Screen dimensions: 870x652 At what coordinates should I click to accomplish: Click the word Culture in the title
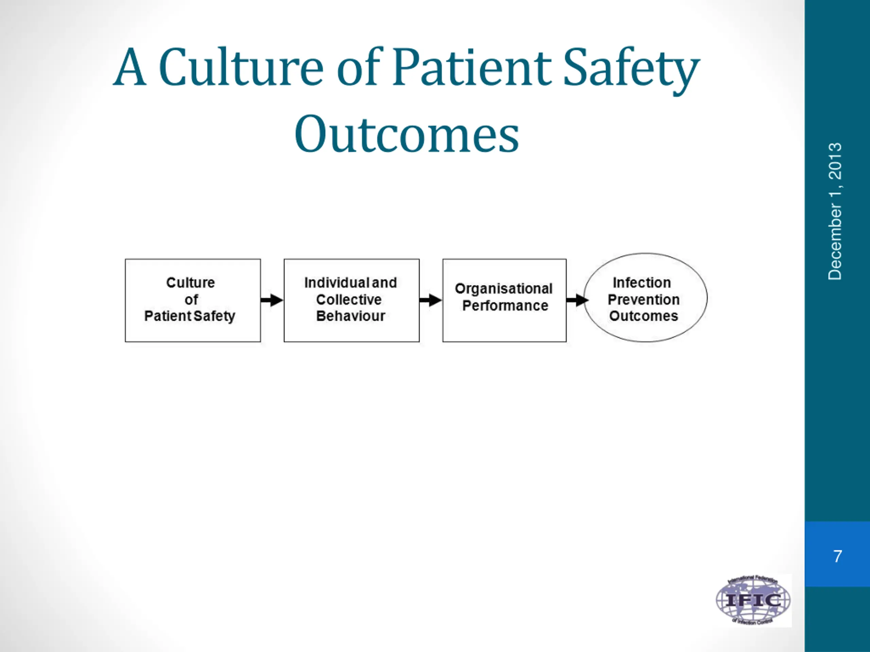(241, 67)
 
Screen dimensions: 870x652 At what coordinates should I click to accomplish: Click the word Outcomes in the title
(407, 133)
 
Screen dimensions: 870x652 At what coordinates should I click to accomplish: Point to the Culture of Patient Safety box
(192, 300)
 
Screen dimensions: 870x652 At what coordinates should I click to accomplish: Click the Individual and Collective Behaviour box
(351, 300)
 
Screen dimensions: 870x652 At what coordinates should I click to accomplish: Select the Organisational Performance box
(504, 300)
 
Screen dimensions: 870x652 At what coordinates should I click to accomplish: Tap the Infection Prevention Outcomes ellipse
(645, 297)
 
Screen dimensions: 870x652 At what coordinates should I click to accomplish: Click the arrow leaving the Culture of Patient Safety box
(272, 300)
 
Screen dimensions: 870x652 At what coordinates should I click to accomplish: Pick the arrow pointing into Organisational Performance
(431, 300)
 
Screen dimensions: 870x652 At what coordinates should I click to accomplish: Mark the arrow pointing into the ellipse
(577, 300)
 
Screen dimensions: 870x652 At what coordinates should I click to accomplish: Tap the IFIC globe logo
(753, 600)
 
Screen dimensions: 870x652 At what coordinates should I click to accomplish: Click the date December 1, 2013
(835, 212)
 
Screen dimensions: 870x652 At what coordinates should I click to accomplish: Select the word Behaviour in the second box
(350, 316)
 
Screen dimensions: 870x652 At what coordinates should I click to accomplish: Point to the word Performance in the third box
(505, 306)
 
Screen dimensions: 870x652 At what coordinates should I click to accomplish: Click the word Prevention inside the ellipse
(643, 300)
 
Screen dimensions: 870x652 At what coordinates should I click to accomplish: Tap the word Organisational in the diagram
(503, 289)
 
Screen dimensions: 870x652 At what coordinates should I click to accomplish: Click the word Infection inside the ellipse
(642, 283)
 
